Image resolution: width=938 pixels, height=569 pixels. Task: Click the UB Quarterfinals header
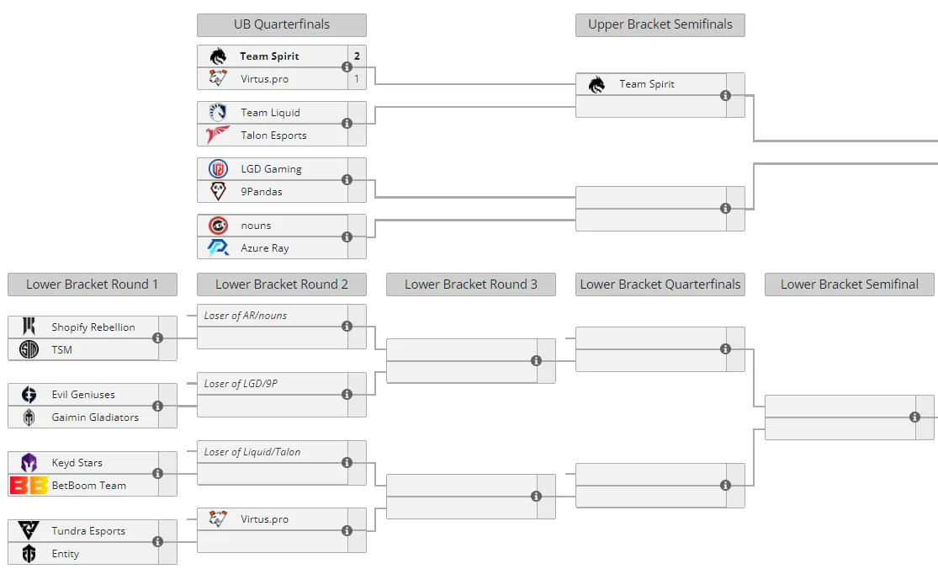pyautogui.click(x=282, y=24)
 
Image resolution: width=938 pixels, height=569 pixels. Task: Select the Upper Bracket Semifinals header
pyautogui.click(x=660, y=24)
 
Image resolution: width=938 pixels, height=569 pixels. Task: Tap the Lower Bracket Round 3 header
pyautogui.click(x=471, y=284)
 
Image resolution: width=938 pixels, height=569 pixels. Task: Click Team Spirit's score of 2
pyautogui.click(x=357, y=56)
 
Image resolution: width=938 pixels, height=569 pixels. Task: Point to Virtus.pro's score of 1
pyautogui.click(x=357, y=79)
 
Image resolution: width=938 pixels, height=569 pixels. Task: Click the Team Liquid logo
pyautogui.click(x=218, y=112)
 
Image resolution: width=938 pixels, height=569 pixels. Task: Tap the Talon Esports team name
pyautogui.click(x=273, y=136)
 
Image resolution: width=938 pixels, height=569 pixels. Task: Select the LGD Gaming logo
pyautogui.click(x=218, y=168)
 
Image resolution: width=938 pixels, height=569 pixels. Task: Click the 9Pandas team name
pyautogui.click(x=262, y=191)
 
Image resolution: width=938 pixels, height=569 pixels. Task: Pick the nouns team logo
pyautogui.click(x=218, y=226)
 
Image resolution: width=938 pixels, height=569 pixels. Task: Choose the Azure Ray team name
pyautogui.click(x=264, y=248)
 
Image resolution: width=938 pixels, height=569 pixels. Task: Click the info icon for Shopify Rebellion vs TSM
pyautogui.click(x=158, y=338)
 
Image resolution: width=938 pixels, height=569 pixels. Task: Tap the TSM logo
pyautogui.click(x=29, y=349)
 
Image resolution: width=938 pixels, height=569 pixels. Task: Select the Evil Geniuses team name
pyautogui.click(x=83, y=395)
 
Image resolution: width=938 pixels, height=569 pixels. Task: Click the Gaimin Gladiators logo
pyautogui.click(x=29, y=417)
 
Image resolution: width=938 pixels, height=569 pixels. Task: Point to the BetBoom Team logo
pyautogui.click(x=29, y=485)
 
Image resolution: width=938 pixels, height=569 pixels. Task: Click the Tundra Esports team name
pyautogui.click(x=88, y=531)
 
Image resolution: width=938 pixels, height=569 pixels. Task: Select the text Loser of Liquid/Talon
pyautogui.click(x=252, y=452)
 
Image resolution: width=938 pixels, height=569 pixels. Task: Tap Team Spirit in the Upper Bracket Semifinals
pyautogui.click(x=647, y=84)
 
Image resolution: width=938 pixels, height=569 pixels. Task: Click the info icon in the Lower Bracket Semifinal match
pyautogui.click(x=914, y=417)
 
